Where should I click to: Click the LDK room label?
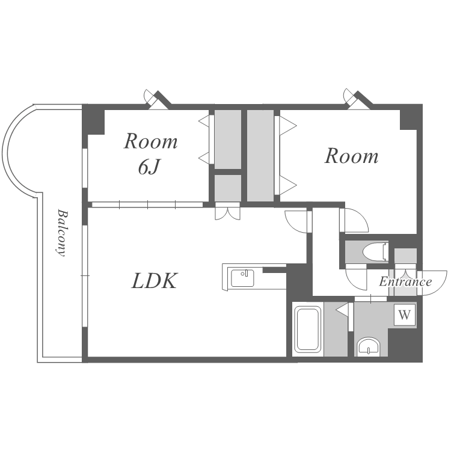coord(154,280)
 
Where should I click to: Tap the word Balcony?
coord(61,232)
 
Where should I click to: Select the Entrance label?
coord(405,281)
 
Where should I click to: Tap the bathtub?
coord(307,330)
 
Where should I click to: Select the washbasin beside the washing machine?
coord(368,346)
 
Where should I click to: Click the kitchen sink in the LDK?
coord(243,278)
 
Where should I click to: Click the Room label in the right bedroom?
coord(351,156)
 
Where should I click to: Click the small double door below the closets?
coord(227,212)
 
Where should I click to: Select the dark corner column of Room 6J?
coord(93,120)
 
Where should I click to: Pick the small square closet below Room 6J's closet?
coord(227,187)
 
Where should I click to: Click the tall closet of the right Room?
coord(260,155)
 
